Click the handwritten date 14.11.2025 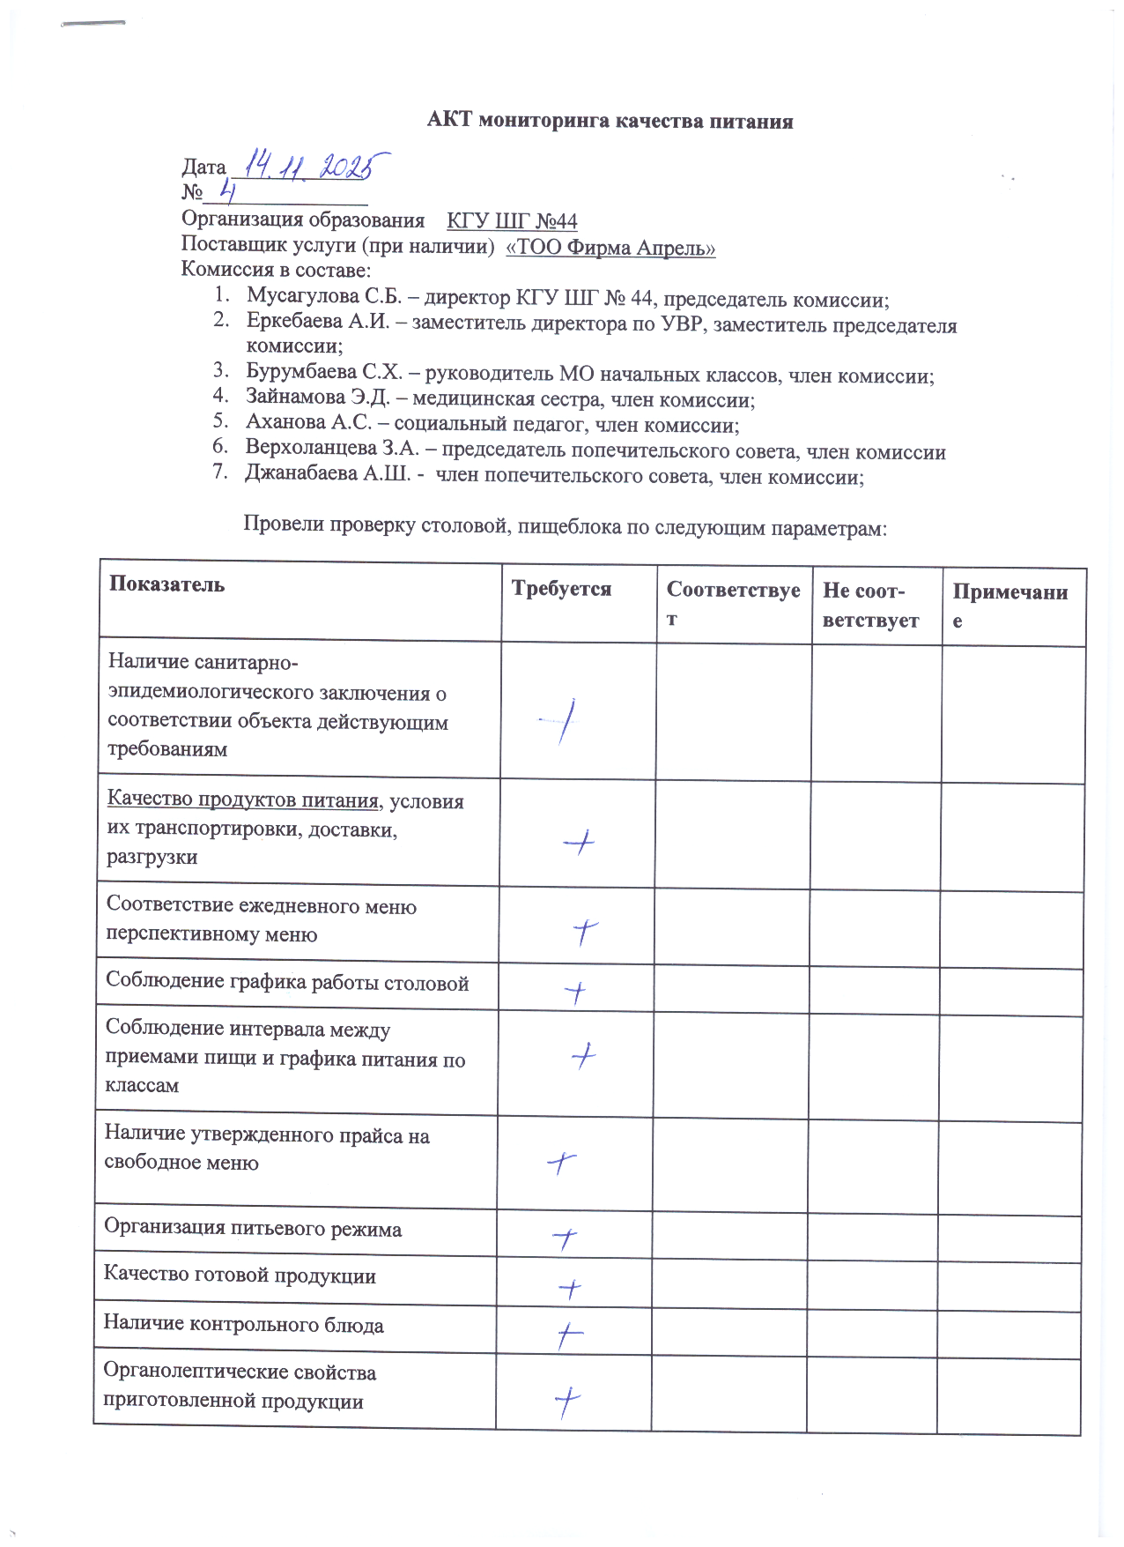(x=317, y=165)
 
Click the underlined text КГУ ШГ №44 (x=512, y=220)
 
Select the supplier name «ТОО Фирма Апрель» (x=610, y=248)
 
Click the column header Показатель (x=166, y=584)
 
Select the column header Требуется (x=561, y=588)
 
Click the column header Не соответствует (x=870, y=606)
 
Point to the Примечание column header (x=1009, y=605)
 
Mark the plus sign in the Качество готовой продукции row (x=570, y=1290)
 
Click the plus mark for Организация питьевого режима (x=565, y=1239)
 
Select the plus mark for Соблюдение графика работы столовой (x=574, y=993)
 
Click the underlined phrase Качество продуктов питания (x=243, y=800)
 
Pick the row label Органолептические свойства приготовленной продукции (x=239, y=1387)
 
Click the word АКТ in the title (x=450, y=121)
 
